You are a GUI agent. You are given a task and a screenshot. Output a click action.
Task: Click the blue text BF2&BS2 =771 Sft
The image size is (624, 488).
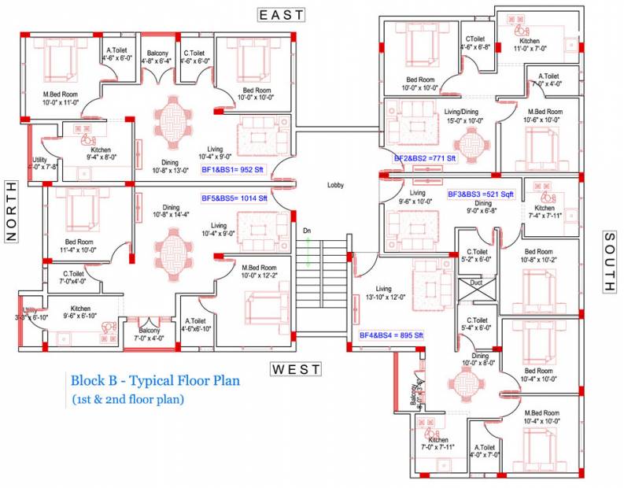click(425, 158)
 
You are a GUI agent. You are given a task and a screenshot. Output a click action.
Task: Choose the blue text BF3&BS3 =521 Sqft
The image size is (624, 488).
click(480, 194)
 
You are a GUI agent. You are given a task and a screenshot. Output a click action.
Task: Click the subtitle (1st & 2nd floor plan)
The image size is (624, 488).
click(127, 399)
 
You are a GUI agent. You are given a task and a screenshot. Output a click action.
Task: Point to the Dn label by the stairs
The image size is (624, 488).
click(308, 231)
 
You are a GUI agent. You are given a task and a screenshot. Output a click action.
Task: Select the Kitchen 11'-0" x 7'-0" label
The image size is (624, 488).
click(530, 45)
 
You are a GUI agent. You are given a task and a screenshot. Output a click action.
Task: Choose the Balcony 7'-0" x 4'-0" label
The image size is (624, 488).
click(150, 334)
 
